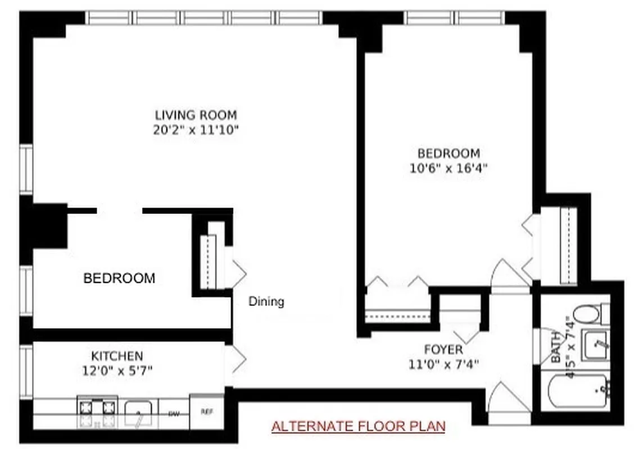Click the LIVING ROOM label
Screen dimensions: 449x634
[x=196, y=115]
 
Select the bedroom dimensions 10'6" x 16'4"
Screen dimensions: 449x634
[x=448, y=168]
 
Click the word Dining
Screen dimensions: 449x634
[x=266, y=301]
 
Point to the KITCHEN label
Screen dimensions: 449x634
[x=117, y=356]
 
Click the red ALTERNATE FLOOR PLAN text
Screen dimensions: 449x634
[x=358, y=426]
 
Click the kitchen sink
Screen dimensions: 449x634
[x=138, y=414]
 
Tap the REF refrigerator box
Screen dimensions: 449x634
[x=207, y=412]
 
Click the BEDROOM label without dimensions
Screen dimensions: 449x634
[x=119, y=278]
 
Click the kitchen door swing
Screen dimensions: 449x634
[x=238, y=358]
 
